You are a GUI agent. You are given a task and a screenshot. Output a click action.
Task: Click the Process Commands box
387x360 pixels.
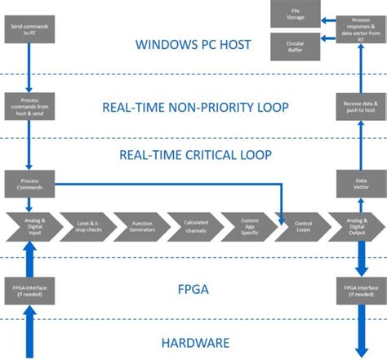(29, 184)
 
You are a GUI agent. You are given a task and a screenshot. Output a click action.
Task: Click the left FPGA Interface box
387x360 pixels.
(29, 291)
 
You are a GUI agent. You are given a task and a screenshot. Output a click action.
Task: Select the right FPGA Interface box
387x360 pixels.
(357, 291)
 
